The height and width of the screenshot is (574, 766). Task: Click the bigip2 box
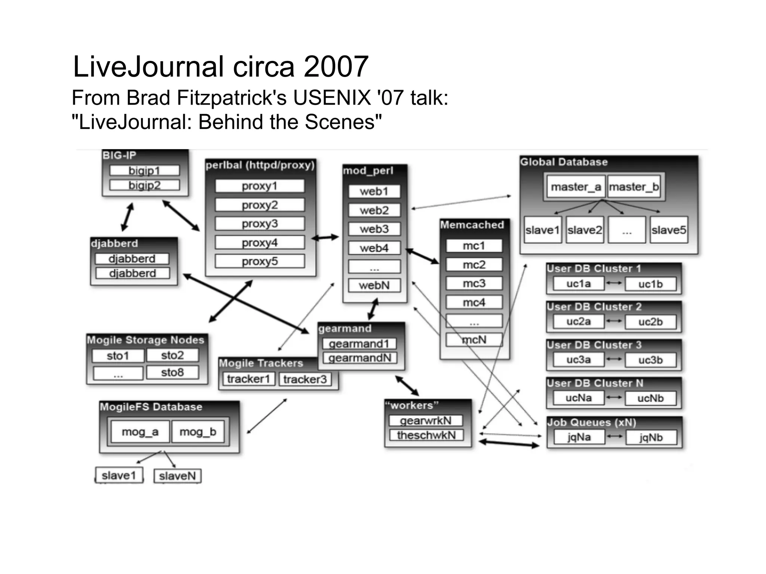[144, 185]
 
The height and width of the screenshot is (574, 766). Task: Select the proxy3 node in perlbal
[260, 223]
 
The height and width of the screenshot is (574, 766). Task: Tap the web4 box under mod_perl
[374, 248]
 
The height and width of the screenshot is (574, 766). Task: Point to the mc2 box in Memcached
[474, 265]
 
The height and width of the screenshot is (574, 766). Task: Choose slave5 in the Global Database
[669, 230]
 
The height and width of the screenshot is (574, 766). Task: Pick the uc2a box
[578, 321]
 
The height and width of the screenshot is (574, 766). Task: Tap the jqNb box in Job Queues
[651, 437]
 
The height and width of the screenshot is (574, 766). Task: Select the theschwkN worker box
[426, 435]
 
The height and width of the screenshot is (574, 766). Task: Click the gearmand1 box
[359, 343]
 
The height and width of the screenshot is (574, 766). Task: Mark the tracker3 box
[305, 379]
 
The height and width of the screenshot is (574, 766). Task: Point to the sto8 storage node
[172, 372]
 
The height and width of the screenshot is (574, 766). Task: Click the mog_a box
[140, 432]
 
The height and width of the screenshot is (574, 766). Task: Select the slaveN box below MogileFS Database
[177, 476]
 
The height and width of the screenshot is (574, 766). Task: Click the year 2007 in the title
[335, 67]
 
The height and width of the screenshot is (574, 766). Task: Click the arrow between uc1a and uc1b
[614, 283]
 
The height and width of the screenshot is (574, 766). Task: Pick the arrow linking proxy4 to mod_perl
[325, 237]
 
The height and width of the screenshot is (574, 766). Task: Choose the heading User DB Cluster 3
[594, 345]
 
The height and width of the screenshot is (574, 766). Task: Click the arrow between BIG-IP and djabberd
[128, 217]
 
